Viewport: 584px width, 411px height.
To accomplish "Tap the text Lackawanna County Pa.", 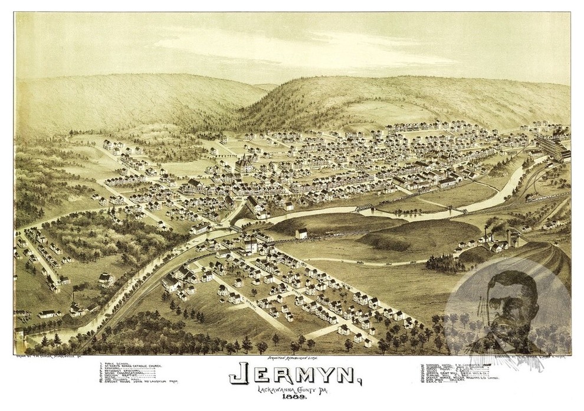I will click(x=292, y=392).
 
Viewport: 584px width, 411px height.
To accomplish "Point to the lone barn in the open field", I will click(x=301, y=234).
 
